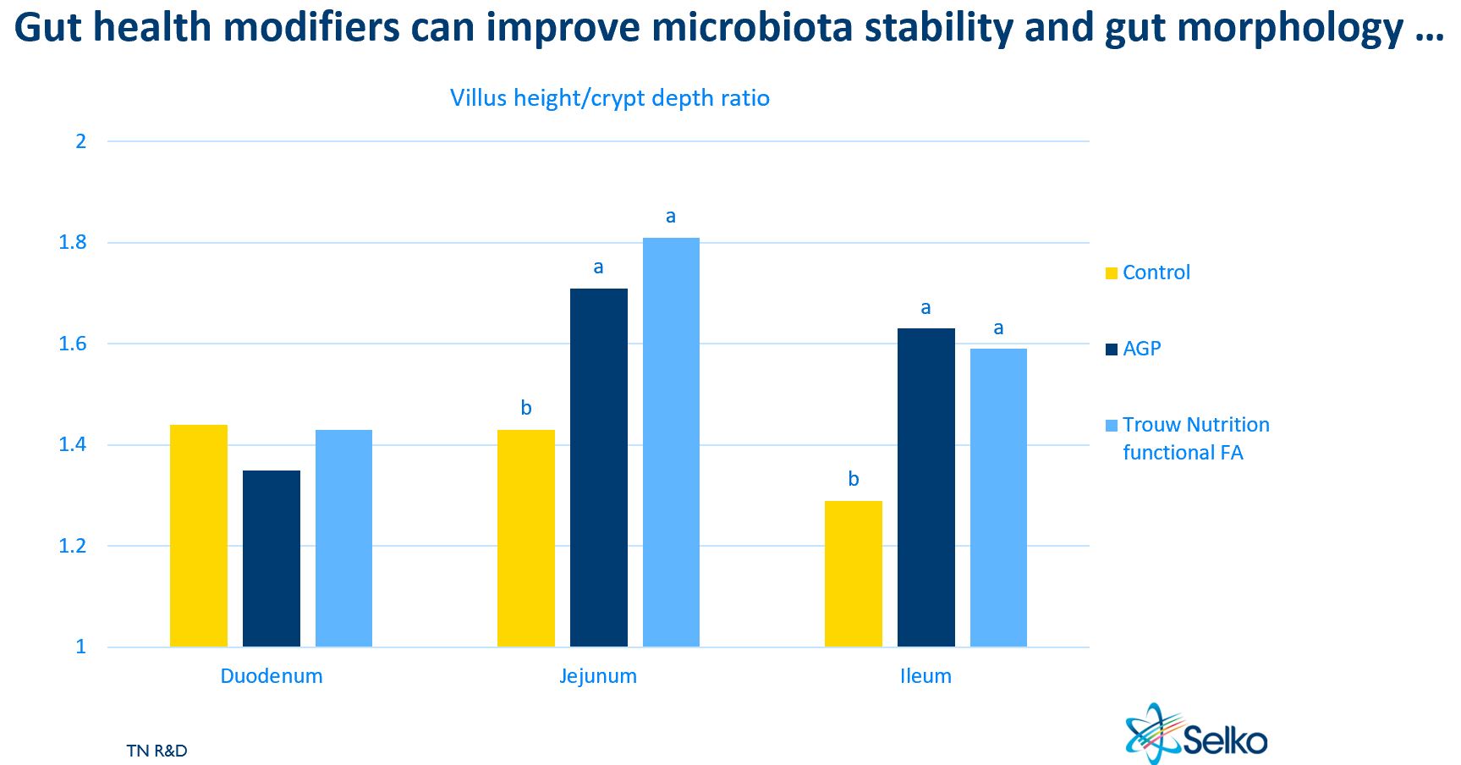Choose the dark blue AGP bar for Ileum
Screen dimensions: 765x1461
pyautogui.click(x=926, y=487)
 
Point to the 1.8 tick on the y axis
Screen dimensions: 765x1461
pyautogui.click(x=73, y=243)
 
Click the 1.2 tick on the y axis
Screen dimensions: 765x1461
pyautogui.click(x=73, y=546)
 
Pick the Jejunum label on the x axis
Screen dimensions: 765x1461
pyautogui.click(x=598, y=676)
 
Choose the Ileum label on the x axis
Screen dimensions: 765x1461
pyautogui.click(x=925, y=676)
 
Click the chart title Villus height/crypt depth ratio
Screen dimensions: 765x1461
pyautogui.click(x=609, y=98)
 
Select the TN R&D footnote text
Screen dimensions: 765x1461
pyautogui.click(x=157, y=751)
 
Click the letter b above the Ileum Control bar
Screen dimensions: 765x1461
pyautogui.click(x=854, y=480)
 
